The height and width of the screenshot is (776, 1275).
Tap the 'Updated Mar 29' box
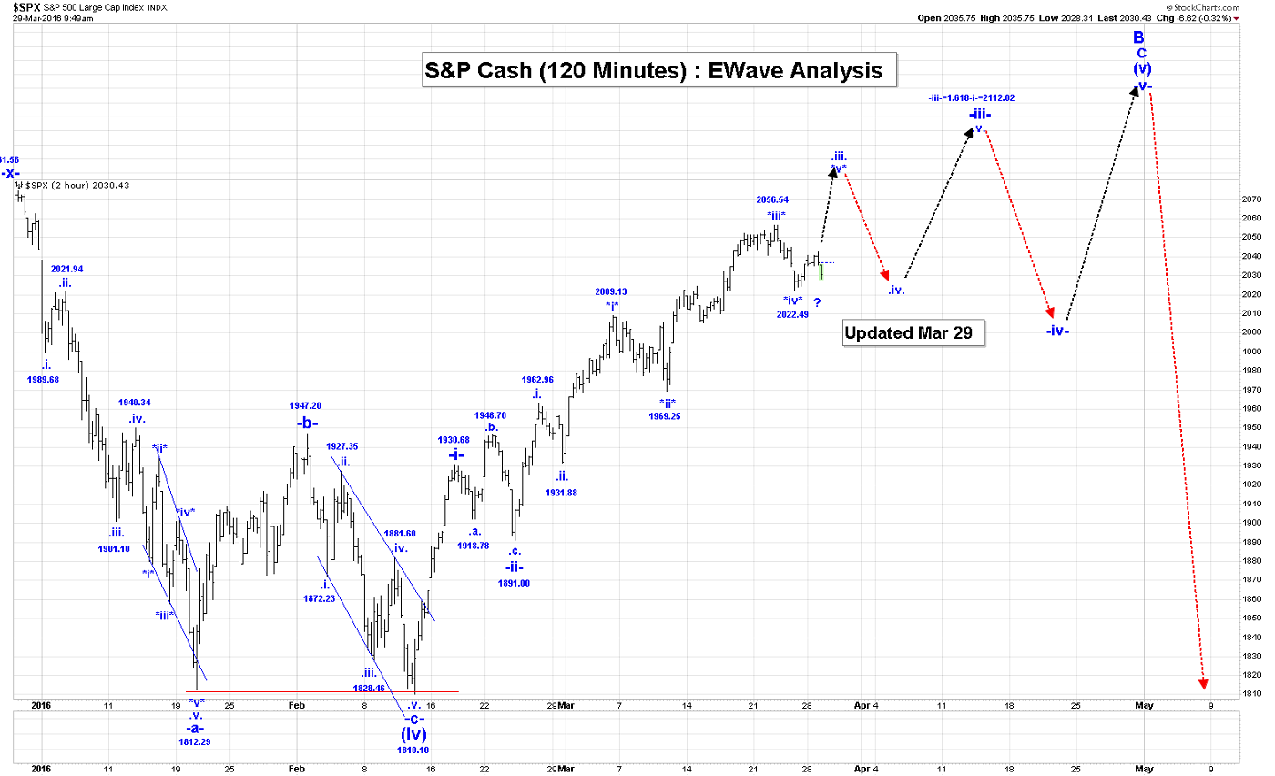pos(908,333)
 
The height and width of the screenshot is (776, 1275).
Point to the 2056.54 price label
pos(772,199)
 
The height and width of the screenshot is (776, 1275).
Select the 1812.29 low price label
pos(195,742)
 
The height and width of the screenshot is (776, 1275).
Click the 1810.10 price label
pos(413,750)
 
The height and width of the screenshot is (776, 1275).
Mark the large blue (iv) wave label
pos(414,733)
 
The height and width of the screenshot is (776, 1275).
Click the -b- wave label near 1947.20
pos(307,423)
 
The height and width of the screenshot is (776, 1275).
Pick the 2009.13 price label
pos(611,291)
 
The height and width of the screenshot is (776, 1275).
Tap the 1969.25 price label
pos(664,415)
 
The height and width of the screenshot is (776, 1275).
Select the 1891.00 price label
pos(515,583)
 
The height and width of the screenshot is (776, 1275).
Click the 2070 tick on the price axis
pos(1251,199)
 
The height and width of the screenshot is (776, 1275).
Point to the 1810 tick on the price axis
pos(1251,694)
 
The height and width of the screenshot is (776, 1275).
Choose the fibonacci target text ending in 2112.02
pos(972,98)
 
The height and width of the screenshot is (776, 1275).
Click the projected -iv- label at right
pos(1056,331)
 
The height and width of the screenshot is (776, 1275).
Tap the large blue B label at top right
pos(1138,37)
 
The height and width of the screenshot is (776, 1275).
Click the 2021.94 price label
pos(67,269)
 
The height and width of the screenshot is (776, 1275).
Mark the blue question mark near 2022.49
pos(817,301)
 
